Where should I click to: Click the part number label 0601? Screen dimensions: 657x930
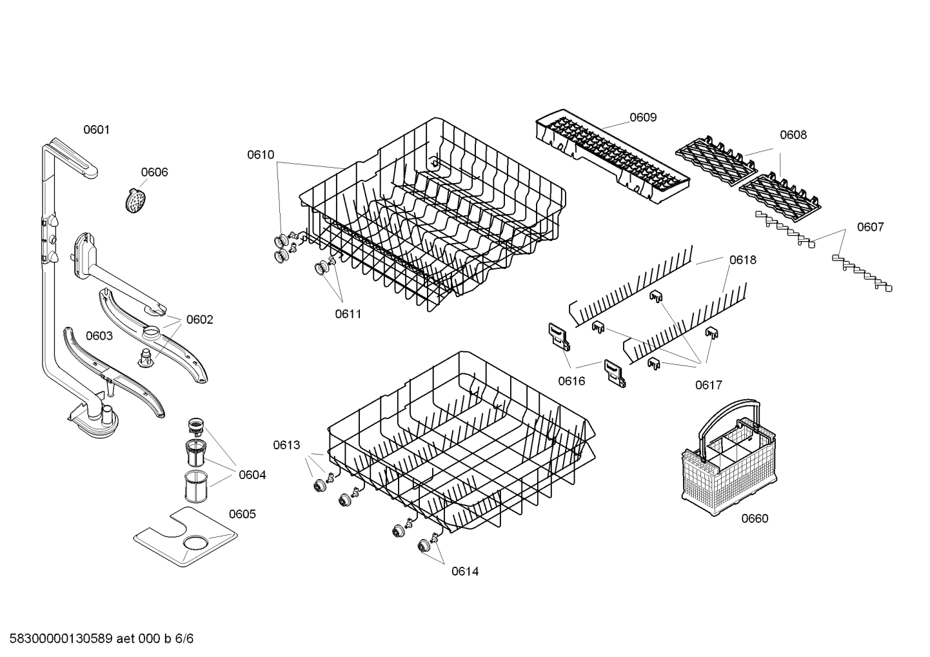[x=96, y=130]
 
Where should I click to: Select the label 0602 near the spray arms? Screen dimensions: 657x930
[x=199, y=320]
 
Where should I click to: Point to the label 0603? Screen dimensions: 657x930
[x=99, y=336]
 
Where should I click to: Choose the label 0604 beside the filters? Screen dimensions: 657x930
[x=252, y=475]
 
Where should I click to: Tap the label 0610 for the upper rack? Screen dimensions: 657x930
[x=260, y=155]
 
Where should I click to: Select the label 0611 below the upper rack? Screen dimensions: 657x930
[x=348, y=314]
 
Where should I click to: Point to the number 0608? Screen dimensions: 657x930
[x=793, y=135]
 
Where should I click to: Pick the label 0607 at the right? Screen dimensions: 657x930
[x=870, y=227]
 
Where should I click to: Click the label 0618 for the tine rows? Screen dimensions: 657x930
[x=743, y=260]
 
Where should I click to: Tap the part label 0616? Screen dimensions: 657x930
[x=571, y=381]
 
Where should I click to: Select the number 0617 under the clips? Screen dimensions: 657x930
[x=708, y=385]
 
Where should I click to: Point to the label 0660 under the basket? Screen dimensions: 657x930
[x=754, y=518]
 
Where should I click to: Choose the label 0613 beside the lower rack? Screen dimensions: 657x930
[x=286, y=445]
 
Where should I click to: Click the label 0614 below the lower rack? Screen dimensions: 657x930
[x=464, y=571]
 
